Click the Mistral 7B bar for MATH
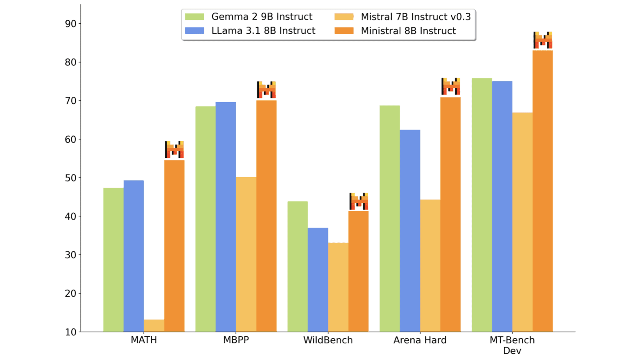click(154, 325)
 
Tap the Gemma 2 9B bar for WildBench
click(297, 267)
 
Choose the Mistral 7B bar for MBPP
click(246, 254)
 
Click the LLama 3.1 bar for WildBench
click(318, 280)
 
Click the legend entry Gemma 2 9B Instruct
click(262, 17)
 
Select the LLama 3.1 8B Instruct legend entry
click(263, 31)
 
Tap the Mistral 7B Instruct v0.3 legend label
click(415, 17)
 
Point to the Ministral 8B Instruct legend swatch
click(344, 31)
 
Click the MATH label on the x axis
click(144, 340)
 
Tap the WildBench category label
click(328, 340)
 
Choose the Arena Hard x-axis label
click(420, 340)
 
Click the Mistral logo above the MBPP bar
click(266, 90)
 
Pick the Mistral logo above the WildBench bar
click(359, 201)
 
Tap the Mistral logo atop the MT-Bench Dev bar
click(543, 40)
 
